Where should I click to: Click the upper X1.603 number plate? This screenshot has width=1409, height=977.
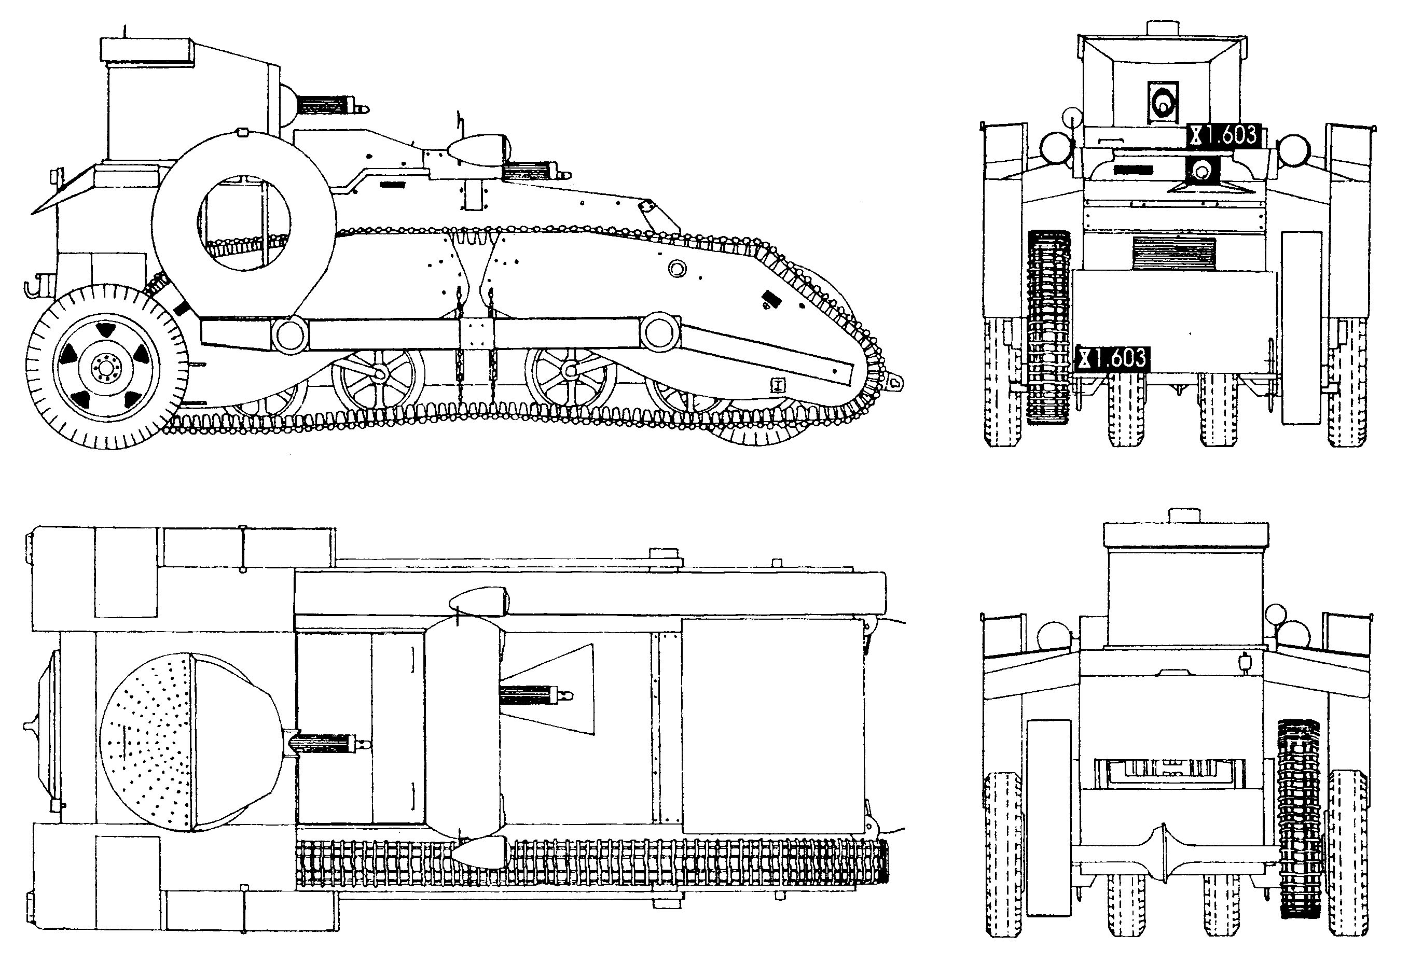pyautogui.click(x=1223, y=135)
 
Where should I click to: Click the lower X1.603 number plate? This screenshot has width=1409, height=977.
pyautogui.click(x=1113, y=358)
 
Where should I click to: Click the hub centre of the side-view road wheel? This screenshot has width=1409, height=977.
pyautogui.click(x=105, y=367)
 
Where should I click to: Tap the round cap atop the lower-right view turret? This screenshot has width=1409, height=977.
pyautogui.click(x=1186, y=515)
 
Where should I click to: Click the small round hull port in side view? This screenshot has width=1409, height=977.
pyautogui.click(x=677, y=268)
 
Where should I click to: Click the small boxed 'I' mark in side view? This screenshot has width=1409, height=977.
pyautogui.click(x=778, y=384)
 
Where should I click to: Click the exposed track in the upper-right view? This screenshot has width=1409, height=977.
pyautogui.click(x=1048, y=328)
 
